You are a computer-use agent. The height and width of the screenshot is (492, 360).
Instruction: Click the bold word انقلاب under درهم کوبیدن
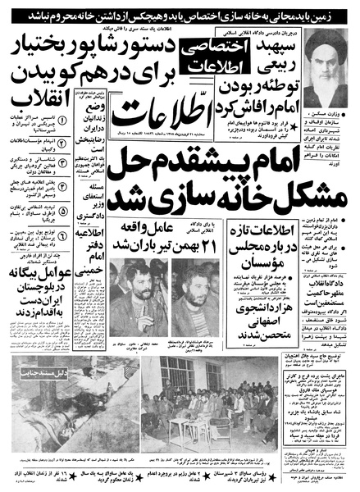point(30,85)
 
